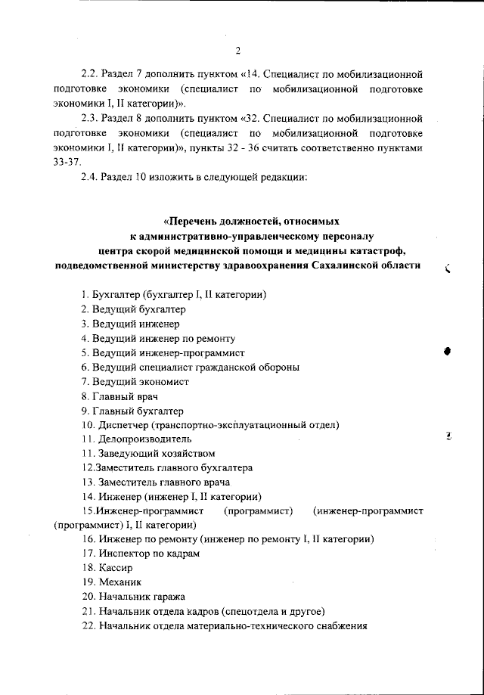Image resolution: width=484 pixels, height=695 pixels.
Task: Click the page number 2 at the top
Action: (x=237, y=51)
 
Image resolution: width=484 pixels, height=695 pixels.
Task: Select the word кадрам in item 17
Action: (x=181, y=553)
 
